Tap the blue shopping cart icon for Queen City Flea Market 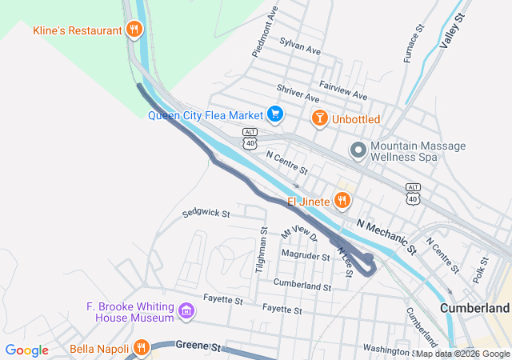275,114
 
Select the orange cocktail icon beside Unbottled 319,119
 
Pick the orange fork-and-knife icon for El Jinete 343,200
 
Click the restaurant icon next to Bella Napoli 141,347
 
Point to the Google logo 27,350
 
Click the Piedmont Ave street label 265,32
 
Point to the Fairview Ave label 342,90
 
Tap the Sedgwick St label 206,214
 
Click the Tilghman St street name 261,250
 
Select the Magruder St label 306,256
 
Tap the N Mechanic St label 387,236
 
